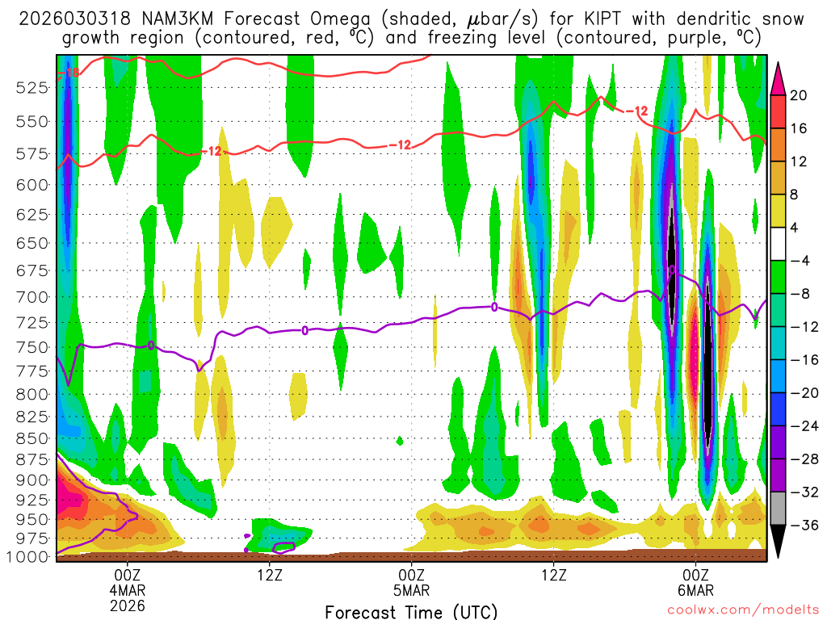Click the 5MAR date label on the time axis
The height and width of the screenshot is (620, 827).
(x=412, y=589)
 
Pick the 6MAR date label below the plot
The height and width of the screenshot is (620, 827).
(x=696, y=589)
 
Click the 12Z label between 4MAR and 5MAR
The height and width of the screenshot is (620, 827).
(x=270, y=574)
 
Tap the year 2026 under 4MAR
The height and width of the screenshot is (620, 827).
(x=128, y=605)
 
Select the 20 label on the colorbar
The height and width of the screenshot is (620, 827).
(x=799, y=95)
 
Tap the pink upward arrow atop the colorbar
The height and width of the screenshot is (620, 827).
(x=778, y=77)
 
